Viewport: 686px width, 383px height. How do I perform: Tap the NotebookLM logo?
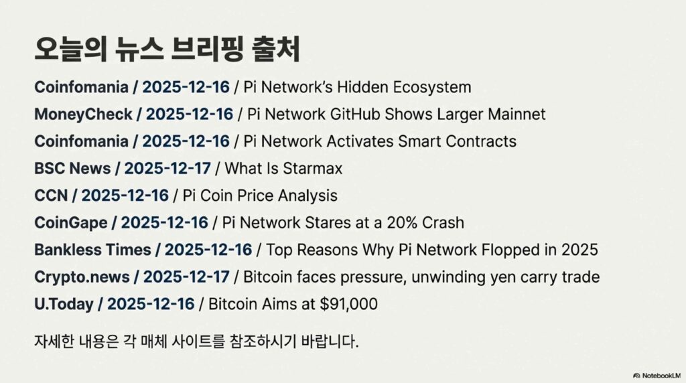click(657, 376)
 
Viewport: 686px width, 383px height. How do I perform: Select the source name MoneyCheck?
click(83, 114)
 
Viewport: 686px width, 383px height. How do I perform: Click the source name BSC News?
click(72, 168)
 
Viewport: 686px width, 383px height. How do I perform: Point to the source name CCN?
click(51, 196)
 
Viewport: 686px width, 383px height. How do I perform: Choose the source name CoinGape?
click(70, 223)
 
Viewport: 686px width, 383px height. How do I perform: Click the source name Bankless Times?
click(92, 250)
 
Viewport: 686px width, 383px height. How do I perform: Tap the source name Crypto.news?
click(82, 277)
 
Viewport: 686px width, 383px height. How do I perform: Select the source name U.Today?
click(64, 304)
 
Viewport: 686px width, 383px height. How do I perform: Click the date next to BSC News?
click(167, 168)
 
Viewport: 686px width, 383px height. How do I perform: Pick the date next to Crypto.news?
click(186, 277)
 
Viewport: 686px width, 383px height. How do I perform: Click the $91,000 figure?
click(348, 304)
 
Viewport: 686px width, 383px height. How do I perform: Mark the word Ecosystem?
click(432, 88)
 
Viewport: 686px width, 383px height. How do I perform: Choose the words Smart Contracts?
click(457, 141)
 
